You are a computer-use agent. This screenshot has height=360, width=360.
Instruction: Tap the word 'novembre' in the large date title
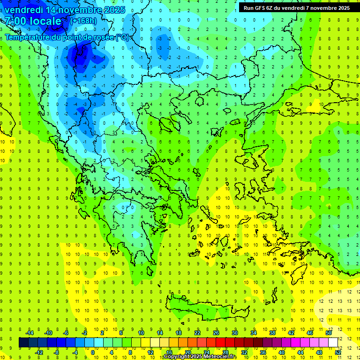click(x=79, y=9)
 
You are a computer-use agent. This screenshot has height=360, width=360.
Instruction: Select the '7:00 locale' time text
click(x=33, y=21)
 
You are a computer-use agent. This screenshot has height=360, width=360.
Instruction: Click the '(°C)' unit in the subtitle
click(x=122, y=37)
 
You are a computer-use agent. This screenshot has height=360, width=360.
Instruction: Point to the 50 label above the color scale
click(x=328, y=333)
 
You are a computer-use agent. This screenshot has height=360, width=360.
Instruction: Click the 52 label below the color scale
click(x=337, y=352)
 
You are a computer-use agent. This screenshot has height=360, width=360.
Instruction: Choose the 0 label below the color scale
click(x=94, y=352)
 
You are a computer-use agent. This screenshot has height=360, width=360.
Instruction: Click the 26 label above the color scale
click(x=216, y=333)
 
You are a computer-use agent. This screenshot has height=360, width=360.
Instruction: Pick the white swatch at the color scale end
click(x=333, y=343)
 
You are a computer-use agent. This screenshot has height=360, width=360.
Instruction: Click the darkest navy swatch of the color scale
click(x=24, y=343)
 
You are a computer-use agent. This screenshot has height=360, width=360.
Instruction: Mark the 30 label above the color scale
click(x=235, y=333)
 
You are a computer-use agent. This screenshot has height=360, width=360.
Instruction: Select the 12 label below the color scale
click(x=150, y=352)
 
